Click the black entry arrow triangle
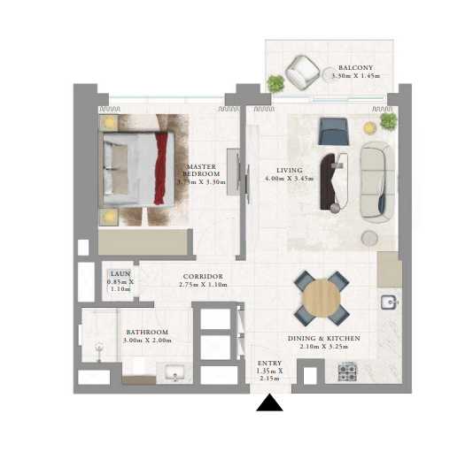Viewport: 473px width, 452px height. (269, 402)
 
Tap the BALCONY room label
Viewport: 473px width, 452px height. (355, 68)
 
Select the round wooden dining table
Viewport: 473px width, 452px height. (322, 298)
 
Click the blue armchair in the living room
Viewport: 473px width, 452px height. (334, 132)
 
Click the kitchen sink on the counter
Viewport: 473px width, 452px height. (390, 303)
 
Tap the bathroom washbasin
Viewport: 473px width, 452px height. (175, 372)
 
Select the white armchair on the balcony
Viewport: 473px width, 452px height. (302, 73)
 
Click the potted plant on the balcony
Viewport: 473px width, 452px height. (275, 83)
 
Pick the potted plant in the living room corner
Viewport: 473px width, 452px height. (389, 121)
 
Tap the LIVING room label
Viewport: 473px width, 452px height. (290, 171)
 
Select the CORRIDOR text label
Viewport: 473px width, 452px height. (203, 277)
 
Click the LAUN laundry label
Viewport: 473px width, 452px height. (120, 274)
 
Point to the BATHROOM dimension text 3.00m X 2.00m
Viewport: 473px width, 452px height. (147, 341)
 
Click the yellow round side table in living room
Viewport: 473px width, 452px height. (369, 128)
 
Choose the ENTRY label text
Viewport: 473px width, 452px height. (269, 364)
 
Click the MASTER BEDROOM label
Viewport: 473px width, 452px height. (201, 170)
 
